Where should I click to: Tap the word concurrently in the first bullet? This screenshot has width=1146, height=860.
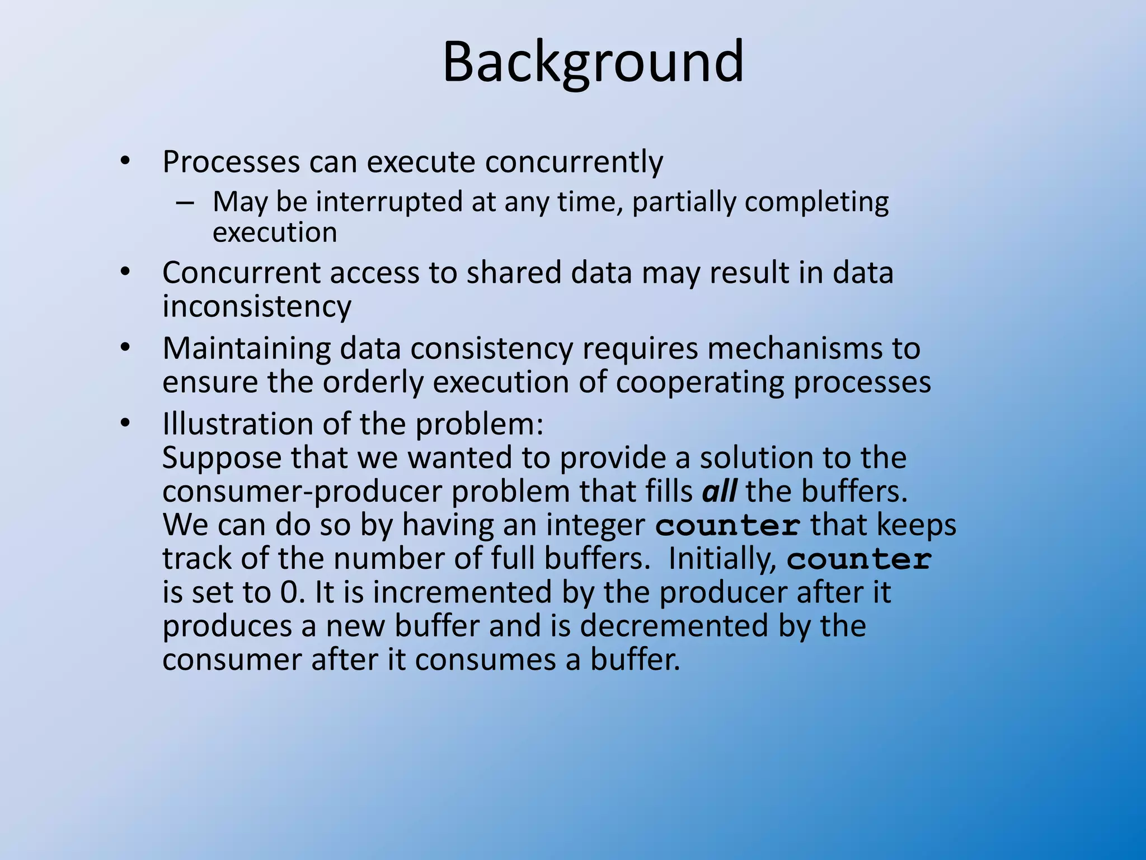574,162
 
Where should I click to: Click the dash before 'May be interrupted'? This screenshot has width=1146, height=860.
185,203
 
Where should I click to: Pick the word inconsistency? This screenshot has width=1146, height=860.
257,306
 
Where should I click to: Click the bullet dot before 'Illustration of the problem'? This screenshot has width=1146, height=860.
125,423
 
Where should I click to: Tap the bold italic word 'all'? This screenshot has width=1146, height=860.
719,492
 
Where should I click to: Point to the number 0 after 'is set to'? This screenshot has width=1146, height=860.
289,592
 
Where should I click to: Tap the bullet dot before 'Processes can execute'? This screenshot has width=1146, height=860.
125,162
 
